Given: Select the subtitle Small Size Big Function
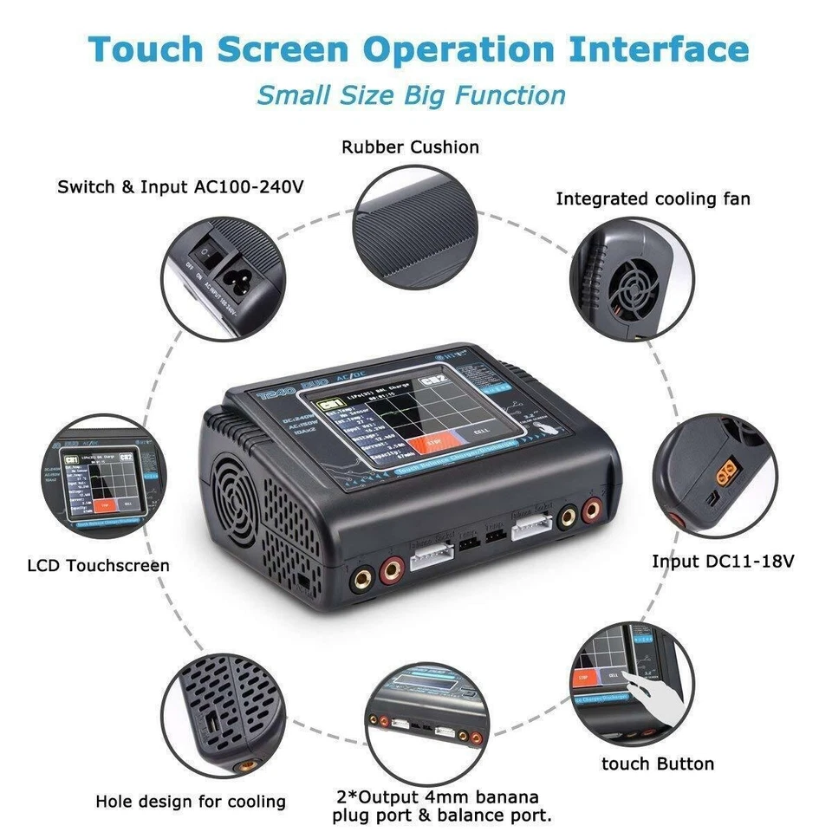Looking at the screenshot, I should tap(411, 94).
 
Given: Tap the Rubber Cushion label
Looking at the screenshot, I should tap(410, 147).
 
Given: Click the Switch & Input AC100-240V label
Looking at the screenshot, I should tap(181, 186).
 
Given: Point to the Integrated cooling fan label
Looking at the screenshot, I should tap(653, 199).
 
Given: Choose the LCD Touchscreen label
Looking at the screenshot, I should tap(99, 565).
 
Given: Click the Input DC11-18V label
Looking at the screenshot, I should tap(723, 562).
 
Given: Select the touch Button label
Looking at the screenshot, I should tap(658, 764).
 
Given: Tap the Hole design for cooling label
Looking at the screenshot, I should tap(191, 802).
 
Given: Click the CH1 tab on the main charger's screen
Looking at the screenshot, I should tap(329, 406).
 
